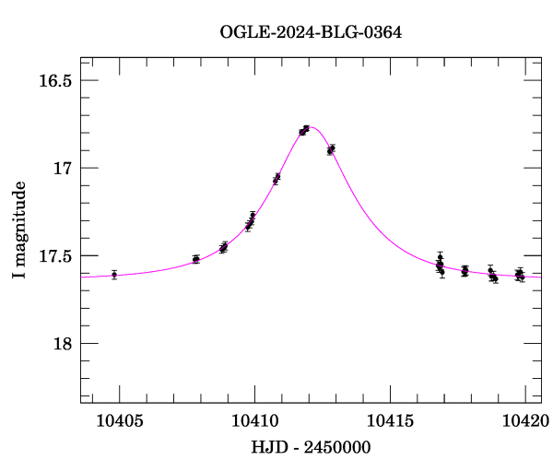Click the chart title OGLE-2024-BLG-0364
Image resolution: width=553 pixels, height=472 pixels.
pos(311,32)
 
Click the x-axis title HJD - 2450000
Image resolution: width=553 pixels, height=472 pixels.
pos(311,447)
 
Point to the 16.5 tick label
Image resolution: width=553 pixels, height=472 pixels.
pos(55,80)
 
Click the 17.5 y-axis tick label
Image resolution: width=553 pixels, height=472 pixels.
pos(55,256)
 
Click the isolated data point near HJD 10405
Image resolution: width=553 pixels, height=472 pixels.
pos(114,274)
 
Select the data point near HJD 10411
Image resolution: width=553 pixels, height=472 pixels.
pos(276,179)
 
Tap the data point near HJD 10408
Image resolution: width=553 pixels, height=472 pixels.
pos(195,259)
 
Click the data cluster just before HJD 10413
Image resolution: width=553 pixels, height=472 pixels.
pos(330,149)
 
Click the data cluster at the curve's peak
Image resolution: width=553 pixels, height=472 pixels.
pos(303,131)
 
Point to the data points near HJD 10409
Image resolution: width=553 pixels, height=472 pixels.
pos(223,247)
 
